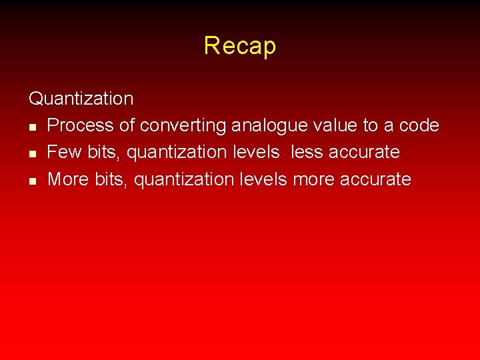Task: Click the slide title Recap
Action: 240,46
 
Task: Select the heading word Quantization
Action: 81,99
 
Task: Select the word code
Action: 419,125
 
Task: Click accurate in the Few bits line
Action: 364,152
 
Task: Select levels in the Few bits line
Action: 257,152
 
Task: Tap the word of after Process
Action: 127,125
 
